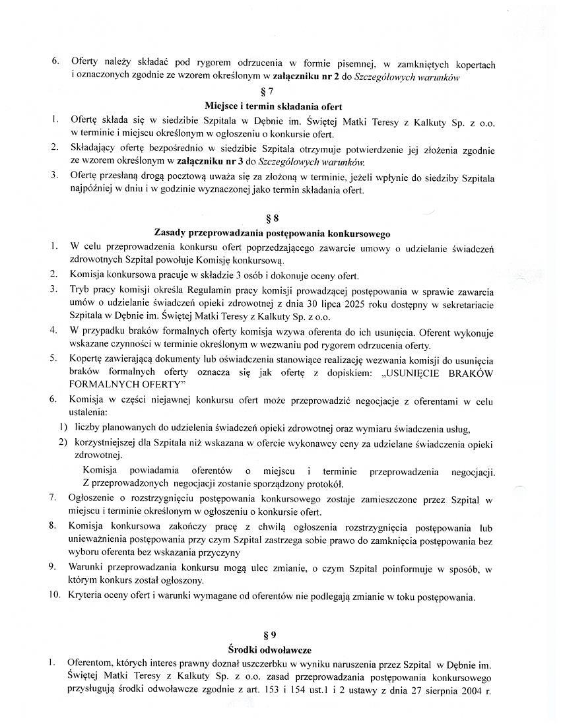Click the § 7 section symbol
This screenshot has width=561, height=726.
click(273, 91)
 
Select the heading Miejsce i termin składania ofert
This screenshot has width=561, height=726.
click(273, 106)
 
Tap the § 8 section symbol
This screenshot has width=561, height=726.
click(272, 218)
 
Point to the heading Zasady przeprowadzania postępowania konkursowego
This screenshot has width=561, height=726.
click(272, 233)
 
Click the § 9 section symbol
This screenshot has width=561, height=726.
click(271, 635)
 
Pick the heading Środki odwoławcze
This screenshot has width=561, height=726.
click(271, 650)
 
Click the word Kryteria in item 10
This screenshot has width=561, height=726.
click(86, 597)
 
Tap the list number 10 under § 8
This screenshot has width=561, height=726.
click(55, 597)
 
